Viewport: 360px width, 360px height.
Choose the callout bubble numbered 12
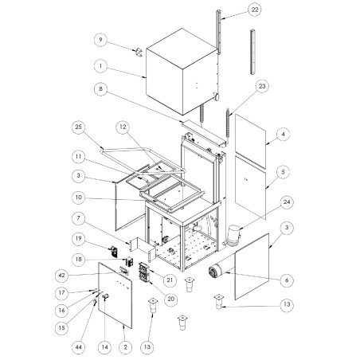click(x=122, y=127)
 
